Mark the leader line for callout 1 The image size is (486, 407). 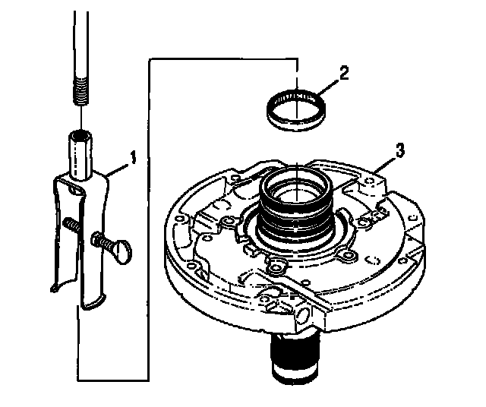pyautogui.click(x=118, y=167)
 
